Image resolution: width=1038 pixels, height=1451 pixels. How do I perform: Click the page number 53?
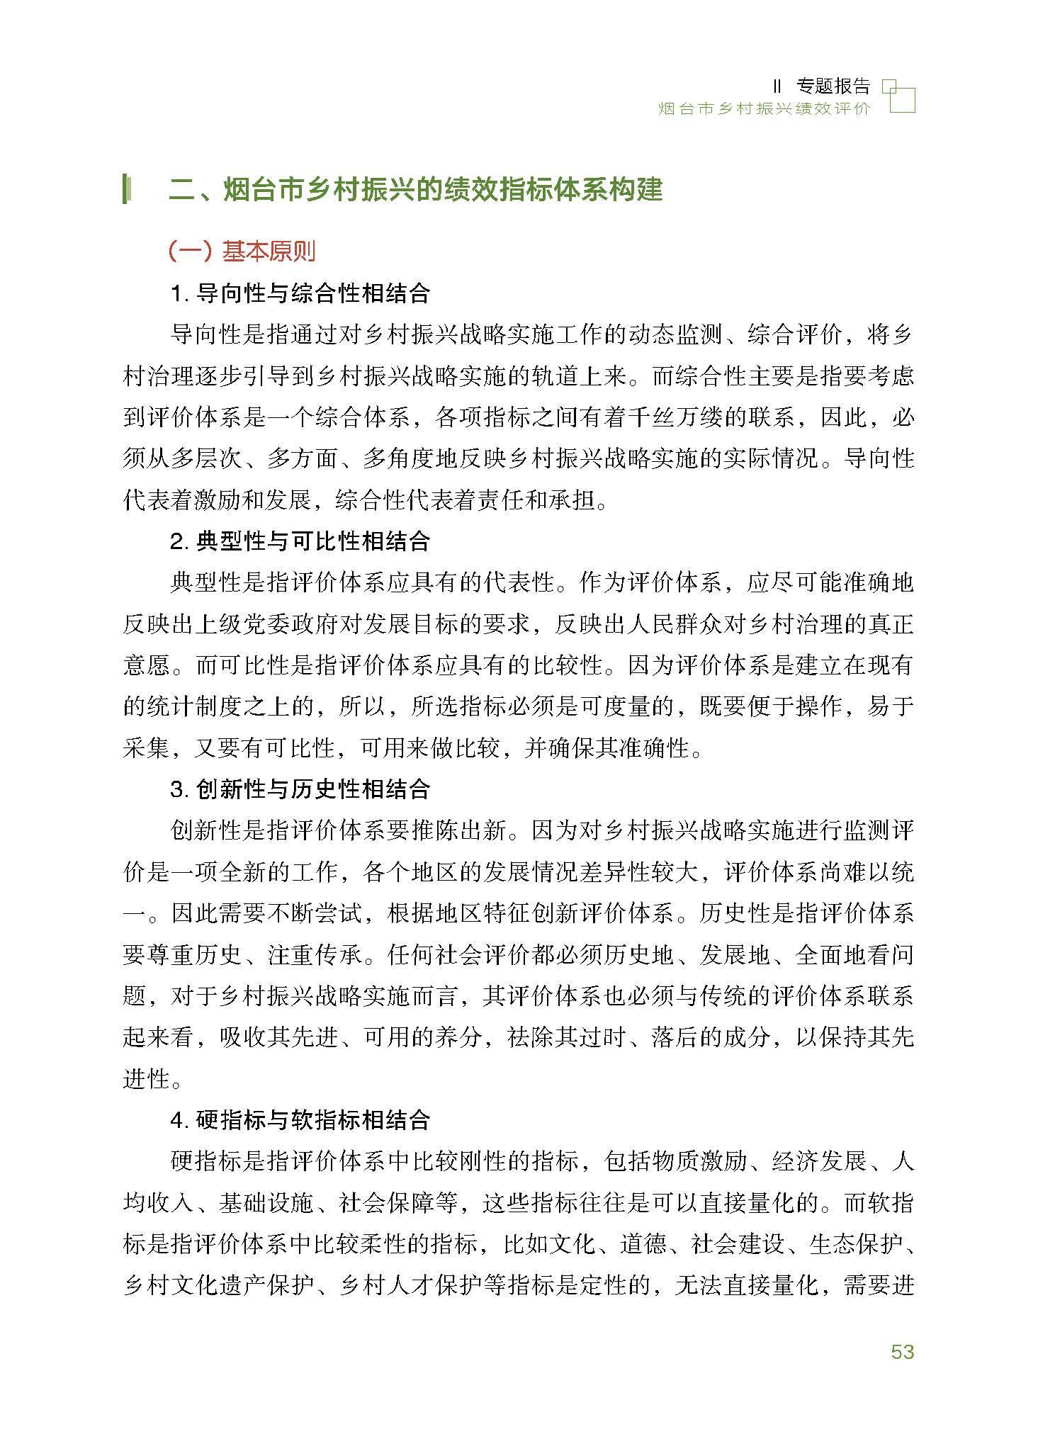(x=903, y=1351)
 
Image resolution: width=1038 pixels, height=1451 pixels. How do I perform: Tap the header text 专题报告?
(x=833, y=86)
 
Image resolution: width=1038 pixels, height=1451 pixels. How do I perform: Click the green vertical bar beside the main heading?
(x=126, y=189)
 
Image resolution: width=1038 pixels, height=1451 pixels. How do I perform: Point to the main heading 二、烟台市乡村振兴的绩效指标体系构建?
(x=416, y=190)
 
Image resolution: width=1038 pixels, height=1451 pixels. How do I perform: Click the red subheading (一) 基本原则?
(x=242, y=251)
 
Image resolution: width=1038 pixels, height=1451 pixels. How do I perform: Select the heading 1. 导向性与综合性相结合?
(x=300, y=293)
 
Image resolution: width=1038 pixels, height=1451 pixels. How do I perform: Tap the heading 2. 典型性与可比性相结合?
(x=300, y=541)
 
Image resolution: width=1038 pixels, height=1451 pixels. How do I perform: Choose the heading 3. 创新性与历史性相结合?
(x=300, y=789)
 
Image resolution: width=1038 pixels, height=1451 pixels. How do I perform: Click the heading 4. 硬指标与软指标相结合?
(x=300, y=1119)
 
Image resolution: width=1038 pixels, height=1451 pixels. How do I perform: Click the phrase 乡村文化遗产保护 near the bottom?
(x=218, y=1285)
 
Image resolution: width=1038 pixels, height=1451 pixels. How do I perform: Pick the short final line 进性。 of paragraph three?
(x=152, y=1078)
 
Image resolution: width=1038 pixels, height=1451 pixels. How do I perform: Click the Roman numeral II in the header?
(x=777, y=87)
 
